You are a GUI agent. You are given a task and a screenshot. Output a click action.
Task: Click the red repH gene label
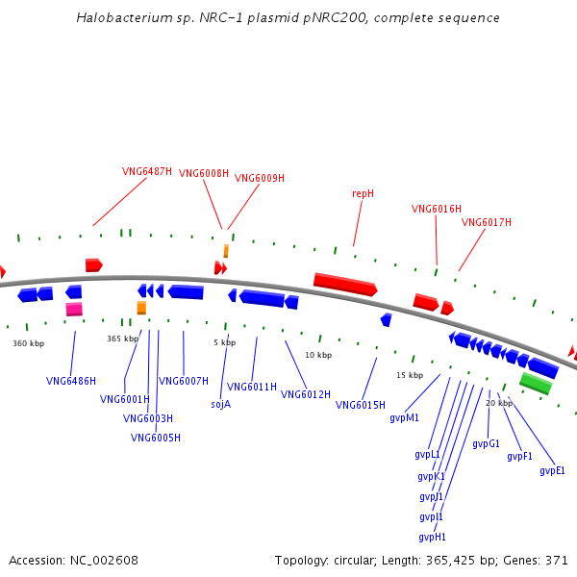pyautogui.click(x=363, y=193)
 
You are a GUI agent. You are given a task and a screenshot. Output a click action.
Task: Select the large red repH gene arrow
pyautogui.click(x=345, y=285)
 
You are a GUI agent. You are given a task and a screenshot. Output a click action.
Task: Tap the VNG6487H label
pyautogui.click(x=147, y=171)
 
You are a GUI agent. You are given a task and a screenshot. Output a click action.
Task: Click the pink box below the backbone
pyautogui.click(x=74, y=309)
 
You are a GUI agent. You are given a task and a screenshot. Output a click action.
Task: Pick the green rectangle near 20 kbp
pyautogui.click(x=537, y=383)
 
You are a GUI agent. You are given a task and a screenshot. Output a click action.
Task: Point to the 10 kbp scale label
pyautogui.click(x=318, y=355)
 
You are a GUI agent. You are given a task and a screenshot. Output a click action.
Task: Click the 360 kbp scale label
pyautogui.click(x=28, y=343)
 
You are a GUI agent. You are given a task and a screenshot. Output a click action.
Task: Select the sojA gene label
pyautogui.click(x=221, y=405)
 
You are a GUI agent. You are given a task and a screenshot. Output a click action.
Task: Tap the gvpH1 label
pyautogui.click(x=432, y=538)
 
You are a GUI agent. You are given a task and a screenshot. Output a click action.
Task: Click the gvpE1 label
pyautogui.click(x=552, y=471)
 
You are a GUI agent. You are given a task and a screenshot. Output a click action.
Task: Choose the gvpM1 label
pyautogui.click(x=404, y=418)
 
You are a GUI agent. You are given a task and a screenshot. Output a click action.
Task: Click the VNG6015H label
pyautogui.click(x=361, y=405)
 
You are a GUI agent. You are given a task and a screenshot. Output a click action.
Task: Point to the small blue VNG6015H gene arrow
pyautogui.click(x=386, y=320)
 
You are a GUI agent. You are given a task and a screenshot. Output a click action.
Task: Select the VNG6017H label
pyautogui.click(x=486, y=222)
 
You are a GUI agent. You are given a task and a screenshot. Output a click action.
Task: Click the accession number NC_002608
pyautogui.click(x=104, y=561)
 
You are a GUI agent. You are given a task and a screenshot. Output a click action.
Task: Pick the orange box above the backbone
pyautogui.click(x=226, y=251)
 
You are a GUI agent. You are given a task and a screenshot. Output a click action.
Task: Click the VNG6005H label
pyautogui.click(x=156, y=438)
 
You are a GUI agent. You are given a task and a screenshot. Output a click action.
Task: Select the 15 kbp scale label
pyautogui.click(x=410, y=375)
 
